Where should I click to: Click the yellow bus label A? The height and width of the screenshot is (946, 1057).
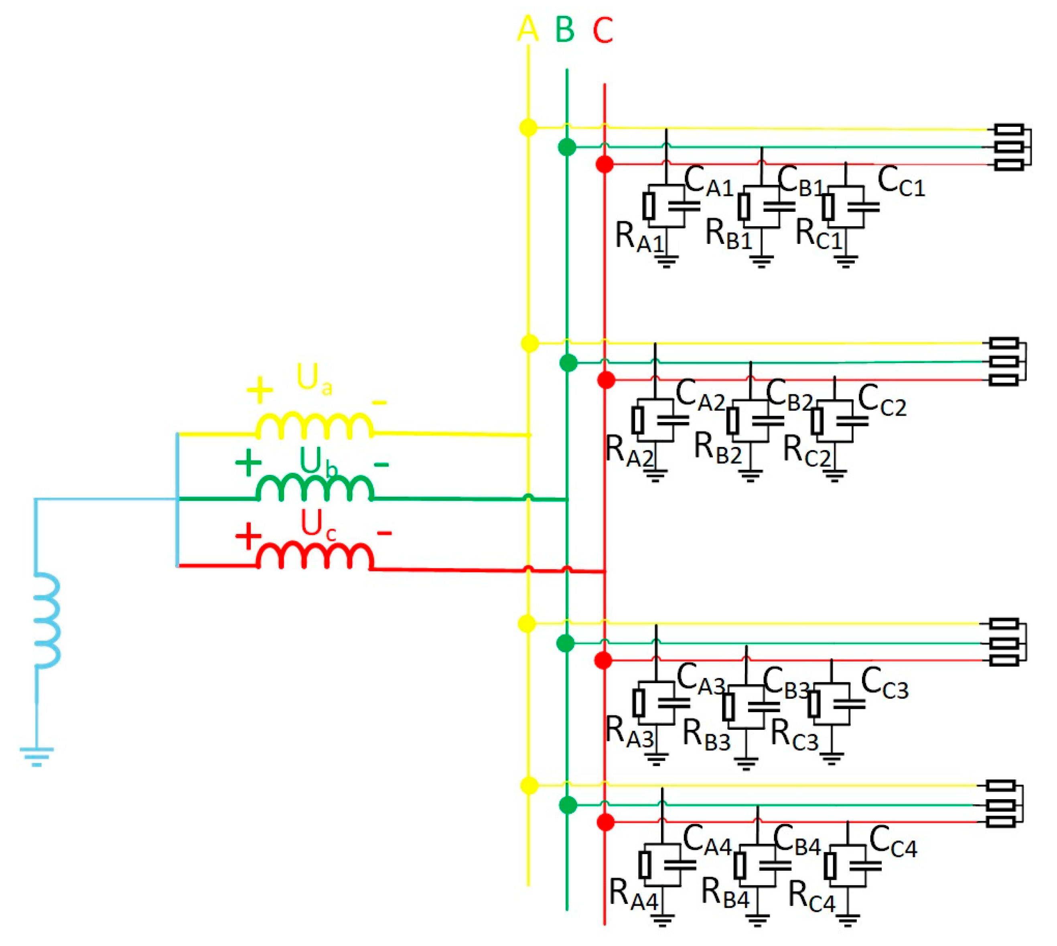click(527, 29)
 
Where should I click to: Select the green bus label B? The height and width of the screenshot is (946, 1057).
click(565, 30)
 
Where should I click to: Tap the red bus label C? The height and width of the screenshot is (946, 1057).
click(603, 30)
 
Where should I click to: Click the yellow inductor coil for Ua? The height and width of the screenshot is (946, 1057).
click(315, 426)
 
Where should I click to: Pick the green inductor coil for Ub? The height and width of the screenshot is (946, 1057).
click(315, 489)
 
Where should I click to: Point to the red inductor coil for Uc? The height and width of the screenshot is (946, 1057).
click(315, 556)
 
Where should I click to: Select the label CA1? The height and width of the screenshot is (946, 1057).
click(708, 182)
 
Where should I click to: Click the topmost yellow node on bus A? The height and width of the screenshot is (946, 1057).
click(528, 127)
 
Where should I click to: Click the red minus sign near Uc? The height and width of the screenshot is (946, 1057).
click(384, 533)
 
